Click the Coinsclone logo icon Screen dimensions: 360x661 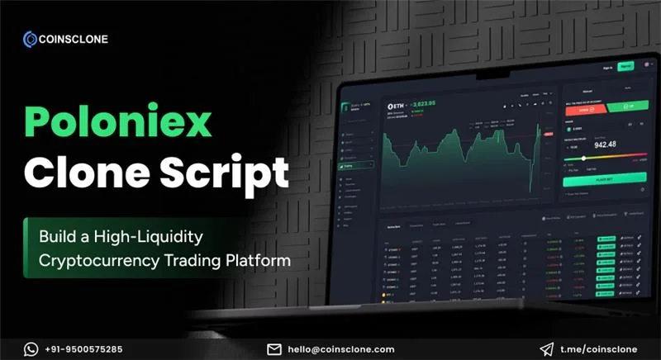31,37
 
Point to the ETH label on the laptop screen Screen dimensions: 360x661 400,107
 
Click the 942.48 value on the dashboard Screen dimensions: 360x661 606,145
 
